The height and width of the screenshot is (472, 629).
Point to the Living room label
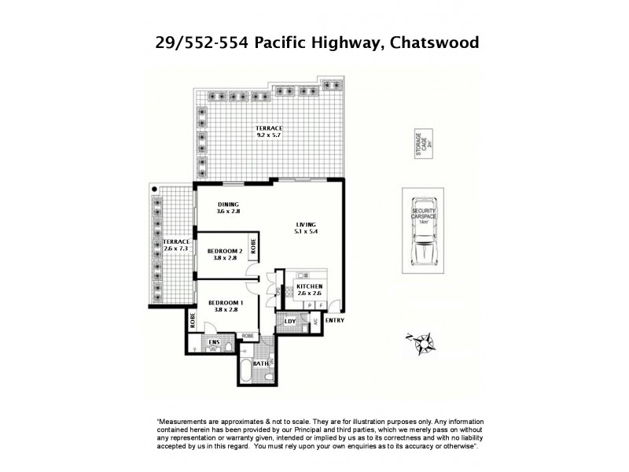coord(307,223)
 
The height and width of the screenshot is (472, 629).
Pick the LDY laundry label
coord(289,323)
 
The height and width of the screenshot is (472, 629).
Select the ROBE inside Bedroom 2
coord(253,245)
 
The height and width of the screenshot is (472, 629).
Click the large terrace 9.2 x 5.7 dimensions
coord(268,135)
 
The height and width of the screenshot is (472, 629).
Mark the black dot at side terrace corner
coord(154,190)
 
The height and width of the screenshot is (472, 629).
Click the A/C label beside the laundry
coord(315,323)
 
